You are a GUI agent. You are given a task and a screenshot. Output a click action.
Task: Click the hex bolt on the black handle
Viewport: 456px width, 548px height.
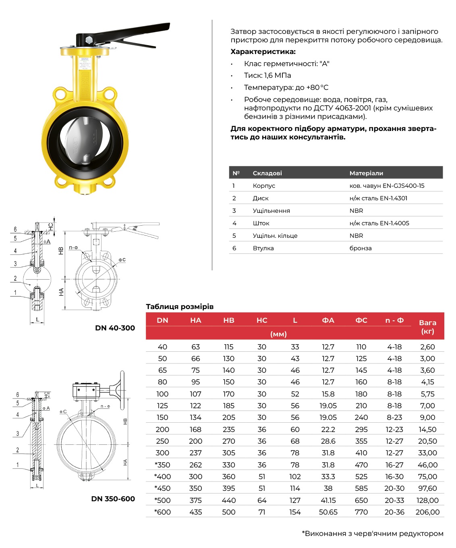point(89,40)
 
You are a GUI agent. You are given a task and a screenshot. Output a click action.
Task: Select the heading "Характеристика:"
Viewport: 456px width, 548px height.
point(263,52)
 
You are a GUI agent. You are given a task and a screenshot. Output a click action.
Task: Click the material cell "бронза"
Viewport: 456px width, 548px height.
point(360,248)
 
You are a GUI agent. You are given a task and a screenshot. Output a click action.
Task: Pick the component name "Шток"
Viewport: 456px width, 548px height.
point(261,223)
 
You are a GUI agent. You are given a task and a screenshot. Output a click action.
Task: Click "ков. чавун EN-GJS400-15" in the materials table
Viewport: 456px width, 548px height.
point(387,185)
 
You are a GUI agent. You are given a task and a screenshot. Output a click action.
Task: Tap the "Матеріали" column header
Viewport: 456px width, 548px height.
point(366,173)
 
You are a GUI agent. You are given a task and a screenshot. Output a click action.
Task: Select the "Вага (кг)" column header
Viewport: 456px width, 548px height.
point(427,326)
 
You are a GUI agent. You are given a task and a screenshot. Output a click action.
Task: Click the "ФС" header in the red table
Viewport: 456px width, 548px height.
point(361,320)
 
